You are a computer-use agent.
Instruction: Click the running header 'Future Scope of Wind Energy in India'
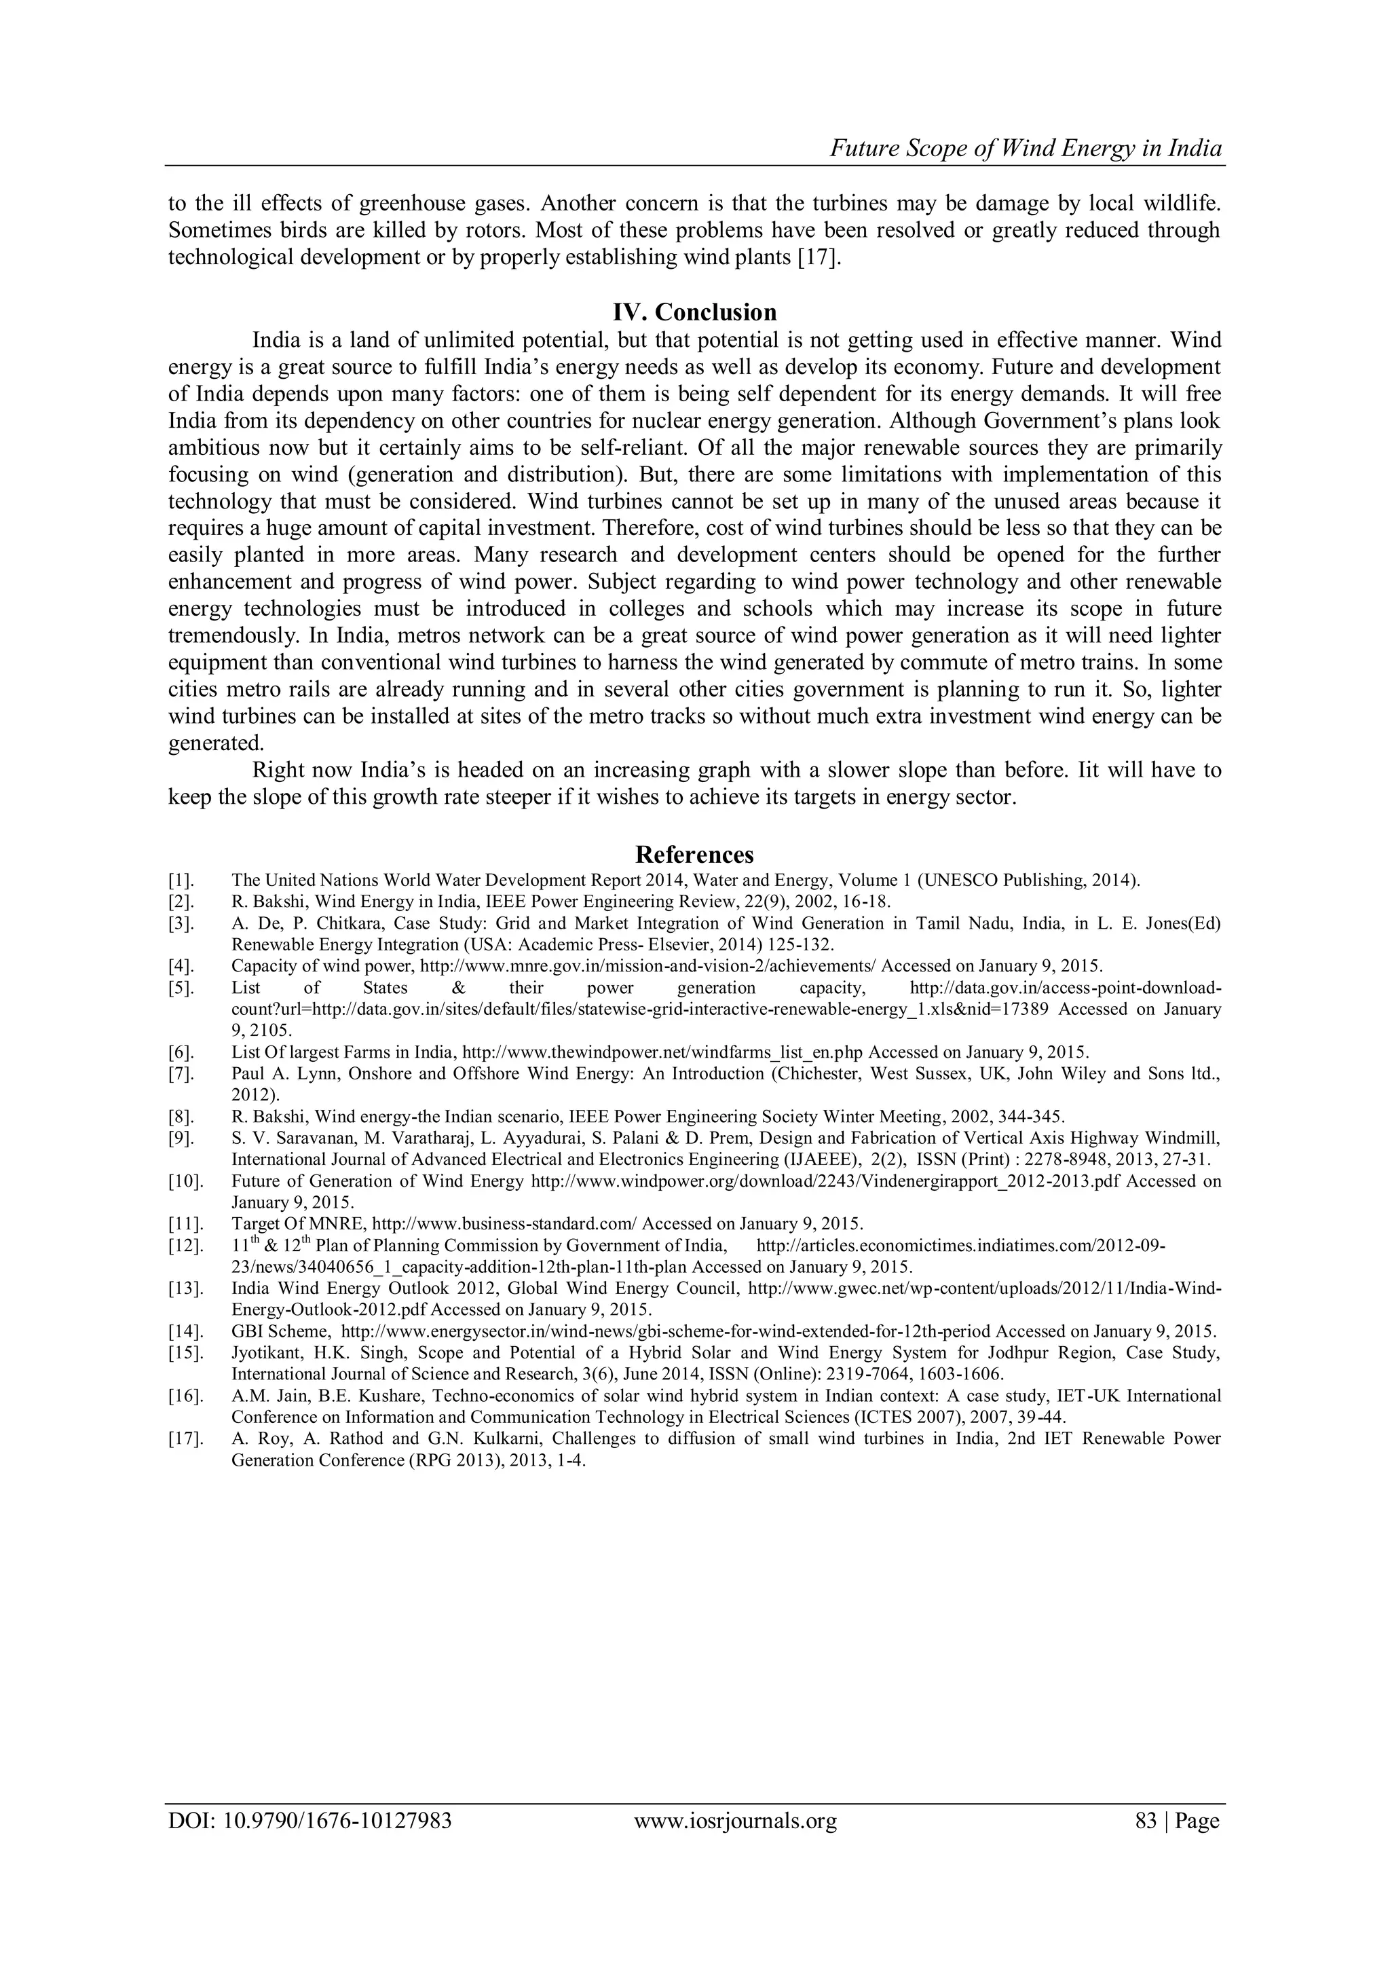[1026, 149]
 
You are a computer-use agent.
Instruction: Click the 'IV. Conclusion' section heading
[694, 312]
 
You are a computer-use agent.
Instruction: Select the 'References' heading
[694, 855]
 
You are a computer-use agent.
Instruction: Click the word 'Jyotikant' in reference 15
[261, 1354]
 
